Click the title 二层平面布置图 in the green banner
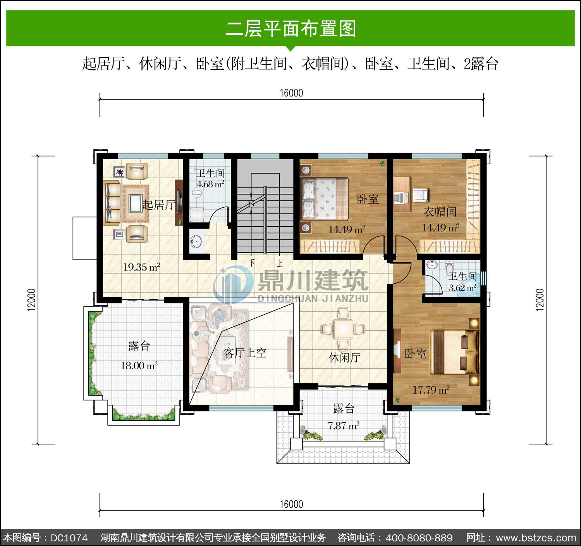point(291,29)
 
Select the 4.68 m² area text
point(210,184)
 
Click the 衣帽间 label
point(440,211)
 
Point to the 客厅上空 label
point(244,353)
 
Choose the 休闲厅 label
point(344,357)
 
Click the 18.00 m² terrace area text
point(139,365)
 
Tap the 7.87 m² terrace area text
point(344,425)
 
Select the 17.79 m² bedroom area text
point(431,390)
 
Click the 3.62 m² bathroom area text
point(462,288)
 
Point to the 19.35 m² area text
point(142,267)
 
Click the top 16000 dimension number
point(291,93)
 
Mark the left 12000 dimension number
point(32,300)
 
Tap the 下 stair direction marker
point(252,263)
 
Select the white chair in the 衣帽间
point(420,195)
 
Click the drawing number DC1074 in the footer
point(69,538)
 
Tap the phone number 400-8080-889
point(419,538)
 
